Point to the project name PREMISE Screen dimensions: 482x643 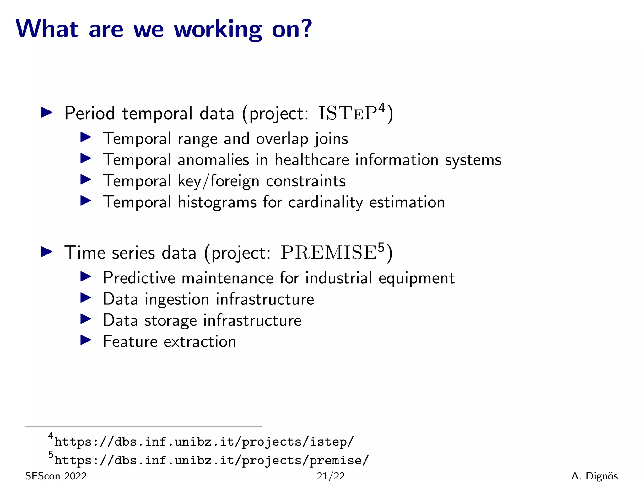point(328,253)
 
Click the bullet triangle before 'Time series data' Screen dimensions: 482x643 point(46,252)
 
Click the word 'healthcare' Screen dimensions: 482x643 point(311,160)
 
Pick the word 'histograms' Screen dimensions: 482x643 point(217,202)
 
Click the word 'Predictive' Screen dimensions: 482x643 point(139,278)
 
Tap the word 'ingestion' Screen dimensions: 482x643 point(177,299)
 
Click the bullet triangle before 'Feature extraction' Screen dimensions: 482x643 point(86,340)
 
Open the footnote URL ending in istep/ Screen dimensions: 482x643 point(204,442)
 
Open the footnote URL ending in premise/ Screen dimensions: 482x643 point(212,460)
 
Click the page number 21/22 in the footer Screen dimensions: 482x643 point(331,476)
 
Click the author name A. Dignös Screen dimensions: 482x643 point(594,476)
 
